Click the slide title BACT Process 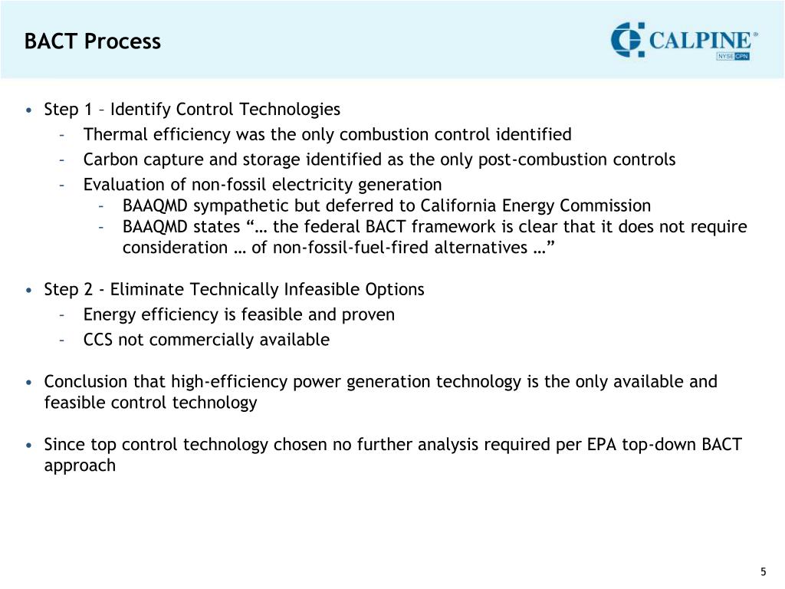(x=92, y=41)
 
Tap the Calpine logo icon (x=628, y=40)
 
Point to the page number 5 (x=763, y=571)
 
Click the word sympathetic (x=237, y=206)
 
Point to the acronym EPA (x=596, y=444)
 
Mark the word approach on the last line (x=80, y=466)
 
